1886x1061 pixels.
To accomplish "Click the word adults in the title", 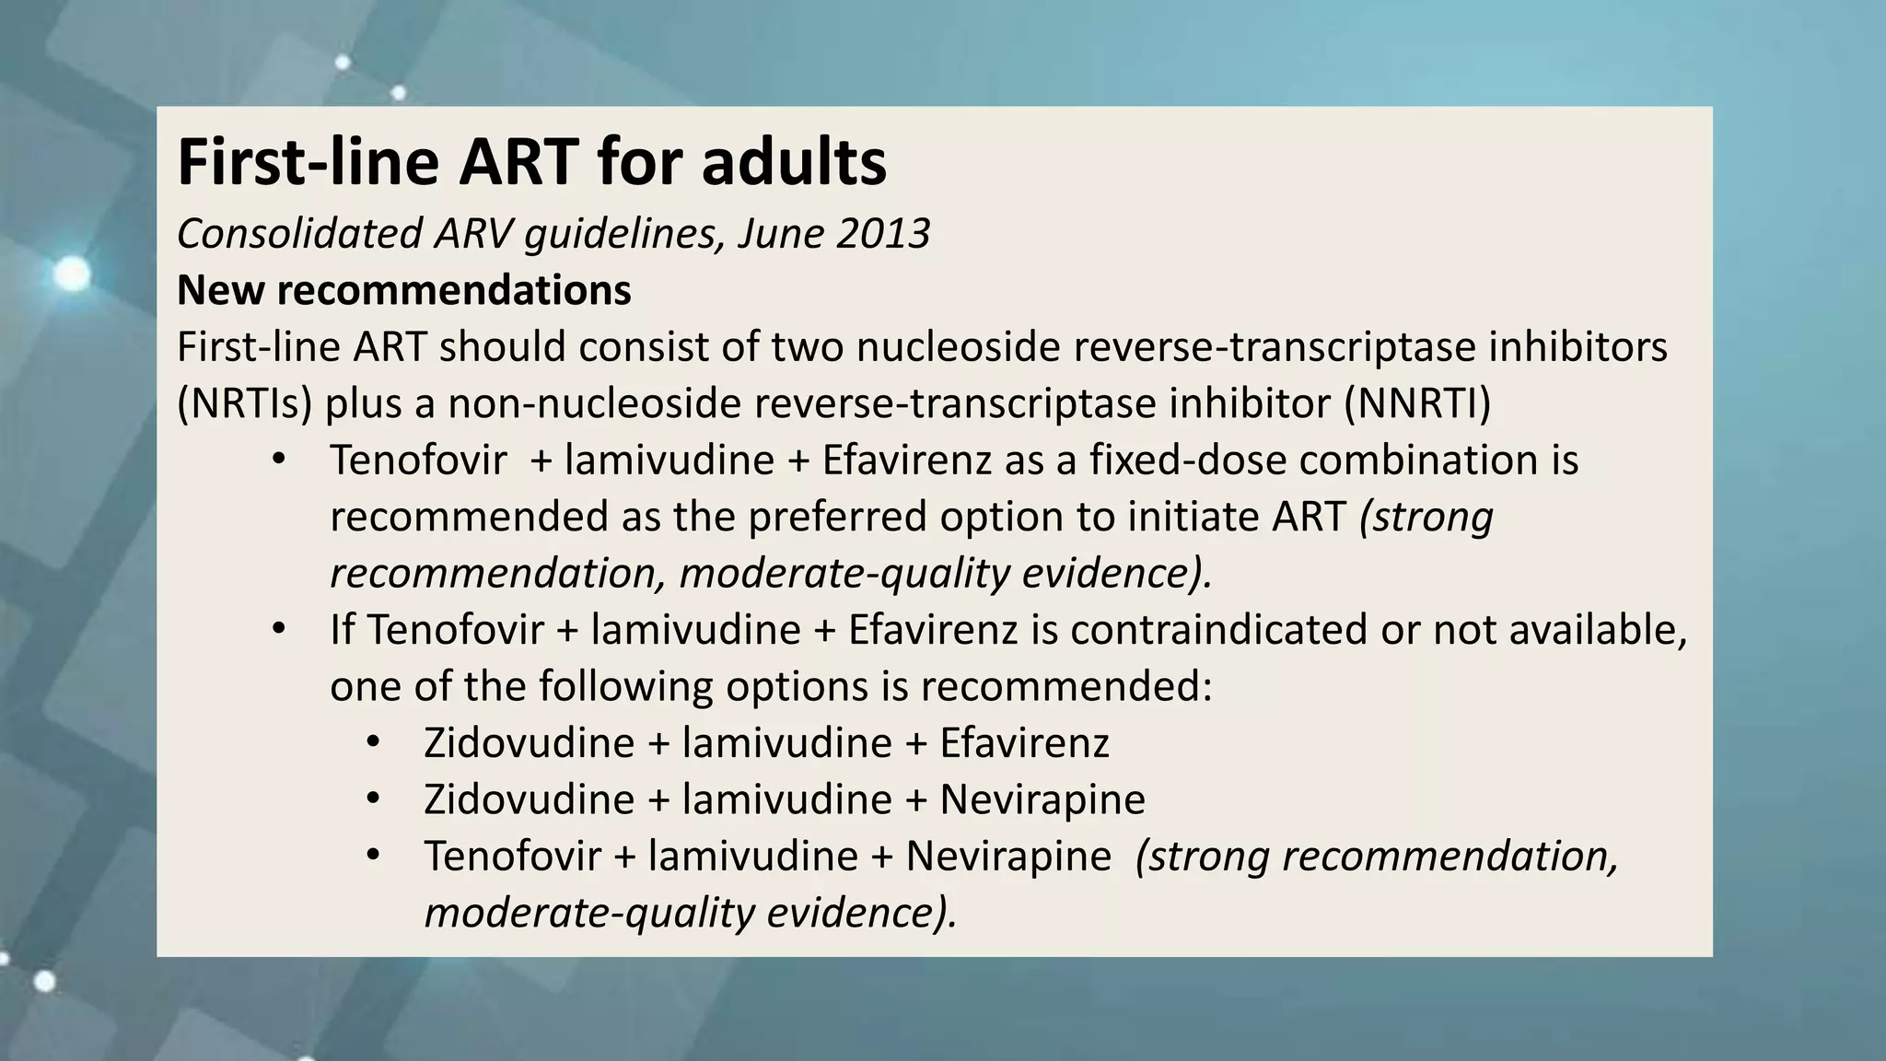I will click(x=793, y=163).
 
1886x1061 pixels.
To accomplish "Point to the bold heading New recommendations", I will click(x=403, y=291).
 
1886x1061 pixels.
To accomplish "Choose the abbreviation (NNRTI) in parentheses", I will click(x=1416, y=404).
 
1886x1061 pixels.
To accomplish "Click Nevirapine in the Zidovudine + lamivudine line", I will click(x=1042, y=799).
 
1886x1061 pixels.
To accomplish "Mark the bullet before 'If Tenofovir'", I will click(x=279, y=630).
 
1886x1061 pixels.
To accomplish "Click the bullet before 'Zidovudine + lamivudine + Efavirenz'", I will click(x=372, y=742).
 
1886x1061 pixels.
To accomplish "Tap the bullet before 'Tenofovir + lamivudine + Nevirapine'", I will click(x=372, y=856).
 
